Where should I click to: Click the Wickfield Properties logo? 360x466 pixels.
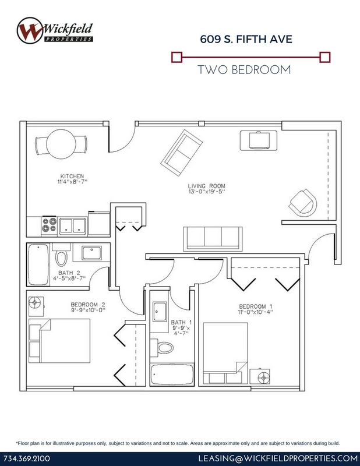click(x=55, y=31)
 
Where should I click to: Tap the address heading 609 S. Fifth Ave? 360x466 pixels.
click(x=246, y=39)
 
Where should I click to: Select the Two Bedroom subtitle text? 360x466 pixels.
click(x=244, y=70)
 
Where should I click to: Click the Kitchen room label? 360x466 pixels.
click(x=72, y=176)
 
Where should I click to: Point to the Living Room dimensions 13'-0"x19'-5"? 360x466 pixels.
click(x=207, y=192)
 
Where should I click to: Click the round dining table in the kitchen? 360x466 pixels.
click(x=61, y=144)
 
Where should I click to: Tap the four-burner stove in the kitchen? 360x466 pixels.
click(x=49, y=225)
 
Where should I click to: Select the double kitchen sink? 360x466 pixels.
click(x=73, y=226)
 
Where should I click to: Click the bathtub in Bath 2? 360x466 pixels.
click(x=38, y=264)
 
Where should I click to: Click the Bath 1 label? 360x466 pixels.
click(x=181, y=322)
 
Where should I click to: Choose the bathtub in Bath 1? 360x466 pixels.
click(x=172, y=374)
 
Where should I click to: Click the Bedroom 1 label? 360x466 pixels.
click(x=256, y=306)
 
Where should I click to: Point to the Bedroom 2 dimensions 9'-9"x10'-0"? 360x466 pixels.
click(x=88, y=310)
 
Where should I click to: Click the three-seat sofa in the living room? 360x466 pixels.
click(x=213, y=238)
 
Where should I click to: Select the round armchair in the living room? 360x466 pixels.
click(x=303, y=203)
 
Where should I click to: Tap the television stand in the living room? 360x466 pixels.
click(x=259, y=140)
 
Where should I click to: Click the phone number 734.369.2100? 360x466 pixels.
click(x=27, y=458)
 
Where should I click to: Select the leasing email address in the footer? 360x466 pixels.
click(x=278, y=458)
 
